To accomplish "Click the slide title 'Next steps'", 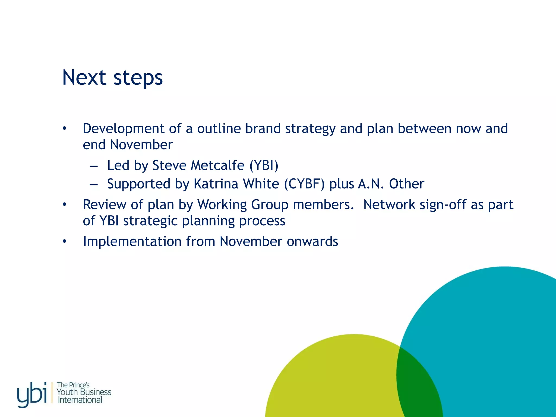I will pos(112,78).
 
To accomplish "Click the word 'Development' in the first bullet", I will pos(124,128).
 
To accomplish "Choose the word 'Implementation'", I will pos(132,241).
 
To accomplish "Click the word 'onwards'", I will pos(312,241).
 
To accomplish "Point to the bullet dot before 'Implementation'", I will pos(64,241).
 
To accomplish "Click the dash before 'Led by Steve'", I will pos(94,166).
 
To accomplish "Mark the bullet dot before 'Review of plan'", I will pos(64,204).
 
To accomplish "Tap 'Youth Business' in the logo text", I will pos(84,392).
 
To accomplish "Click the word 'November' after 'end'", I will pos(141,145).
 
